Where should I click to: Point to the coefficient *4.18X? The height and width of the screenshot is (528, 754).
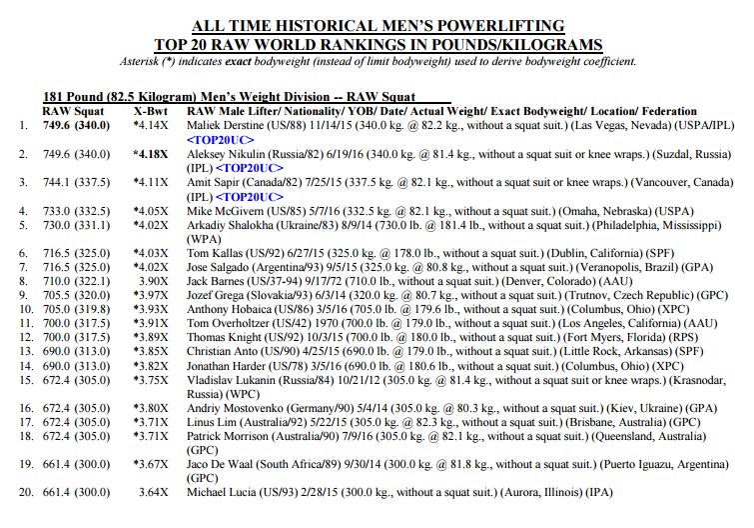pyautogui.click(x=151, y=155)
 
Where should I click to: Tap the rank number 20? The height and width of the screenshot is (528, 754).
pyautogui.click(x=27, y=492)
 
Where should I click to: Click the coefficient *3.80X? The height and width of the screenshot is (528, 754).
pyautogui.click(x=151, y=408)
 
